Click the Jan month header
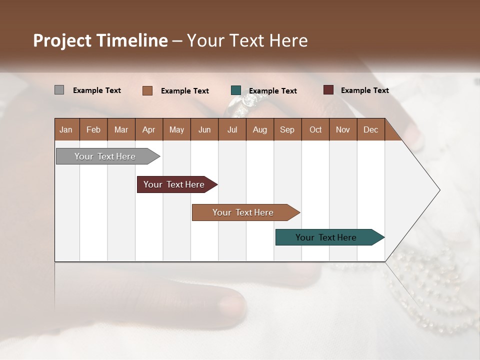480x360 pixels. [66, 129]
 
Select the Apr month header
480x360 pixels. [149, 129]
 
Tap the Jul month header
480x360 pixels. [232, 129]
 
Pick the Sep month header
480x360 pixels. [287, 129]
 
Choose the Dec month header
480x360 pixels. [370, 129]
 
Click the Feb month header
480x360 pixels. [93, 129]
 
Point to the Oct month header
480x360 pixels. [315, 129]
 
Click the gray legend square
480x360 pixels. [59, 90]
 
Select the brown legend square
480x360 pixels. [147, 90]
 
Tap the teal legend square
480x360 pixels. [236, 90]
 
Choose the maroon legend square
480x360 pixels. [328, 90]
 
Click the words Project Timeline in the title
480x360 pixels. [100, 40]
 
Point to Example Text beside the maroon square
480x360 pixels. [364, 90]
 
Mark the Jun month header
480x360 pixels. [204, 129]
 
